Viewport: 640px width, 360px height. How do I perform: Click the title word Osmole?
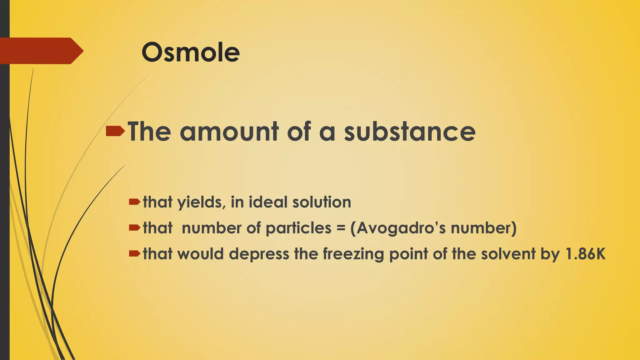point(191,52)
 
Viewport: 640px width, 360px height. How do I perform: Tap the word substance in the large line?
point(410,132)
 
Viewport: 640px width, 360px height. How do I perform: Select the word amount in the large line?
point(229,132)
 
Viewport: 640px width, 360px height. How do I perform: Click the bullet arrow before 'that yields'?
point(135,202)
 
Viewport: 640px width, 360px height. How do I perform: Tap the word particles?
point(298,228)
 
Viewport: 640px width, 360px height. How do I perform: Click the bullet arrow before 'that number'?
point(135,228)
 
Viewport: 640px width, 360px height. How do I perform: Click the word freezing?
point(353,254)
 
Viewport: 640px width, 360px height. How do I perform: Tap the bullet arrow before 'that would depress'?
point(135,254)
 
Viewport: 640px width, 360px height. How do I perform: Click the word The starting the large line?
point(149,132)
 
